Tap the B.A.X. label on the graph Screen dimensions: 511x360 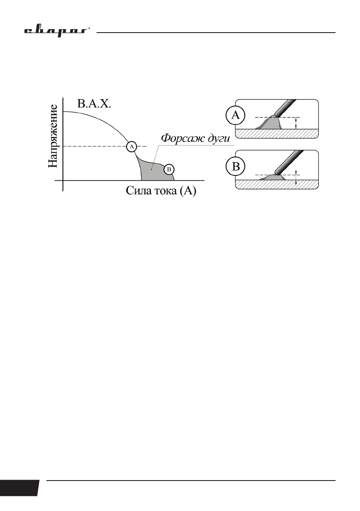(x=94, y=103)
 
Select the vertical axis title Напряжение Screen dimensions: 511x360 (x=53, y=136)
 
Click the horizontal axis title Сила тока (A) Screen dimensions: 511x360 (x=161, y=191)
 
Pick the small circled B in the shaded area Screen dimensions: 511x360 (x=169, y=169)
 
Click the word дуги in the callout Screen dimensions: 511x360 (x=219, y=139)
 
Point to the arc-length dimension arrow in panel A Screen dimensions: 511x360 (x=296, y=123)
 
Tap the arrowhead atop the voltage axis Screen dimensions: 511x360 (x=63, y=99)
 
